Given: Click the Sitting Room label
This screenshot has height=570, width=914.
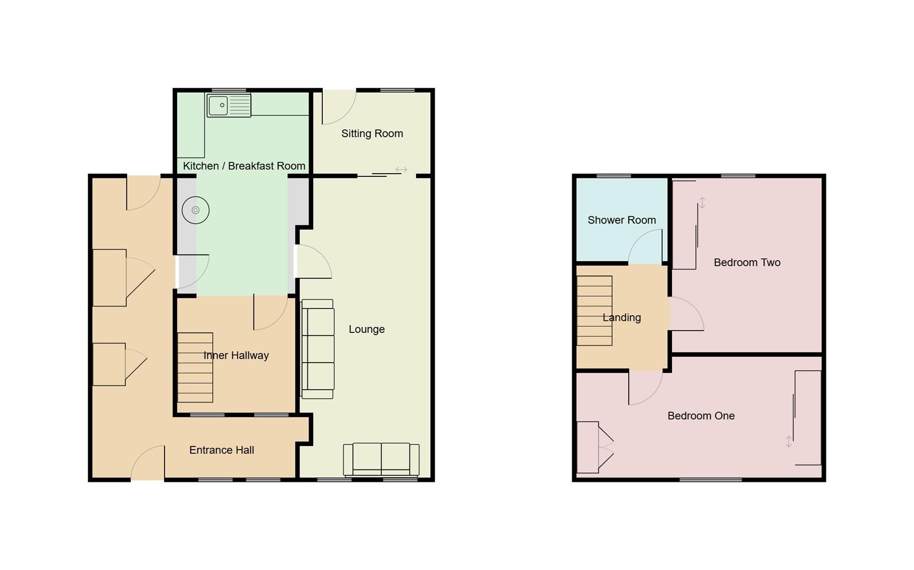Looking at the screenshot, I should point(372,134).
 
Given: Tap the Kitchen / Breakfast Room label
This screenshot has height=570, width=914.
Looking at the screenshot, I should point(244,166).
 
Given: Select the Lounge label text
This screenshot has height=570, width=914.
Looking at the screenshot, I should point(367,329).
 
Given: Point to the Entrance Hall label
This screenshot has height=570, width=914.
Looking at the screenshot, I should point(222,450).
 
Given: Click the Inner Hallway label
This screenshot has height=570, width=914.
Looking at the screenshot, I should point(236,355).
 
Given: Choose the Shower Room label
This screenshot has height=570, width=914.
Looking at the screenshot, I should point(621,220).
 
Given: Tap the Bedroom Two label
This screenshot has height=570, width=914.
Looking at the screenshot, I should point(747,262).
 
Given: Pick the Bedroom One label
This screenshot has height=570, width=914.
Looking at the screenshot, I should point(701,416).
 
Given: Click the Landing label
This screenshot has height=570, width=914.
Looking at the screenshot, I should point(621,318).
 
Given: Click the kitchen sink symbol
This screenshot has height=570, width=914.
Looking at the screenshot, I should point(229,106).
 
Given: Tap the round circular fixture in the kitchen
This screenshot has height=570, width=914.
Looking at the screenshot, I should point(196,210).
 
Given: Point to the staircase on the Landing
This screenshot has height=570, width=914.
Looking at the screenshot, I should point(594,311).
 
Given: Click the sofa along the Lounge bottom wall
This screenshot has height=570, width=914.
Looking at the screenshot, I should point(381,459).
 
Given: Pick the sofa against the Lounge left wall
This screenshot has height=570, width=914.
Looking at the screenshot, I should point(318,349).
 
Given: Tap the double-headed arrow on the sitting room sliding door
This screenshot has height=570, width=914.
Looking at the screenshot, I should point(401,170).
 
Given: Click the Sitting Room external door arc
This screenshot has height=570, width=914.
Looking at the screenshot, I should point(339,107).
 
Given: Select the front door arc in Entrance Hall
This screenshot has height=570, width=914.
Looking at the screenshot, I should point(148,463).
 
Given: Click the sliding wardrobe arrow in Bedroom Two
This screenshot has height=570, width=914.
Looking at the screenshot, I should point(702,203).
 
